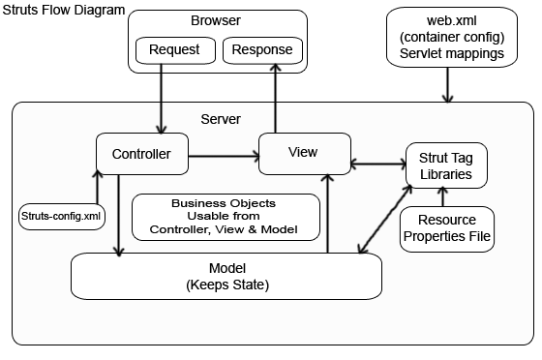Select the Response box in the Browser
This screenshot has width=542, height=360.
(x=262, y=49)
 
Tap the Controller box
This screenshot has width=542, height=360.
(x=141, y=154)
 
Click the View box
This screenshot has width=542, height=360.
(x=303, y=153)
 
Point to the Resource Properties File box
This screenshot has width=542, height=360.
(x=446, y=228)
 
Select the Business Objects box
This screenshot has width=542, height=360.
(x=224, y=217)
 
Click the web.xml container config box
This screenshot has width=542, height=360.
(x=447, y=38)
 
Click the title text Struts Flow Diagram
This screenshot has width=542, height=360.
(x=64, y=10)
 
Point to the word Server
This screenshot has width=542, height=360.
(x=221, y=118)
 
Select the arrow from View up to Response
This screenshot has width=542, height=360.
(x=276, y=97)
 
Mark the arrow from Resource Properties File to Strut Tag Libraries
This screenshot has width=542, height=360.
(x=443, y=196)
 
